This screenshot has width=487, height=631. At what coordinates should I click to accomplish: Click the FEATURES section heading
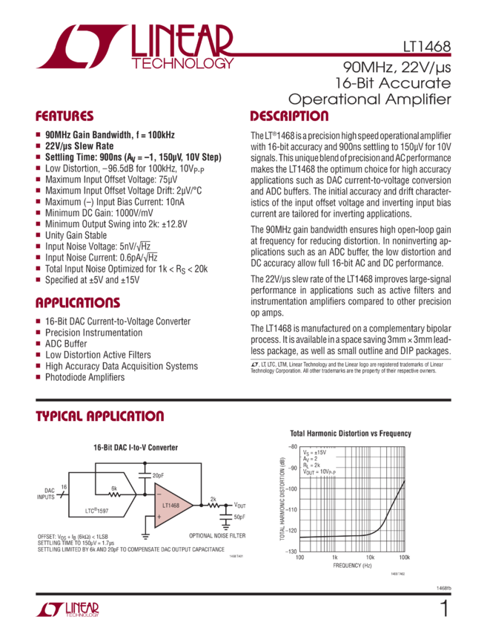(65, 117)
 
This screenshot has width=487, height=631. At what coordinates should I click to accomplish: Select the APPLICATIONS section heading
(75, 303)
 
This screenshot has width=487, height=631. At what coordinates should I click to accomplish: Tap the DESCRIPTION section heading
(289, 117)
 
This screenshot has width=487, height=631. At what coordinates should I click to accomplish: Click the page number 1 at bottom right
(444, 609)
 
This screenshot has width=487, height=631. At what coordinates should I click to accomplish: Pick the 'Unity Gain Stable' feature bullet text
(75, 233)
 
